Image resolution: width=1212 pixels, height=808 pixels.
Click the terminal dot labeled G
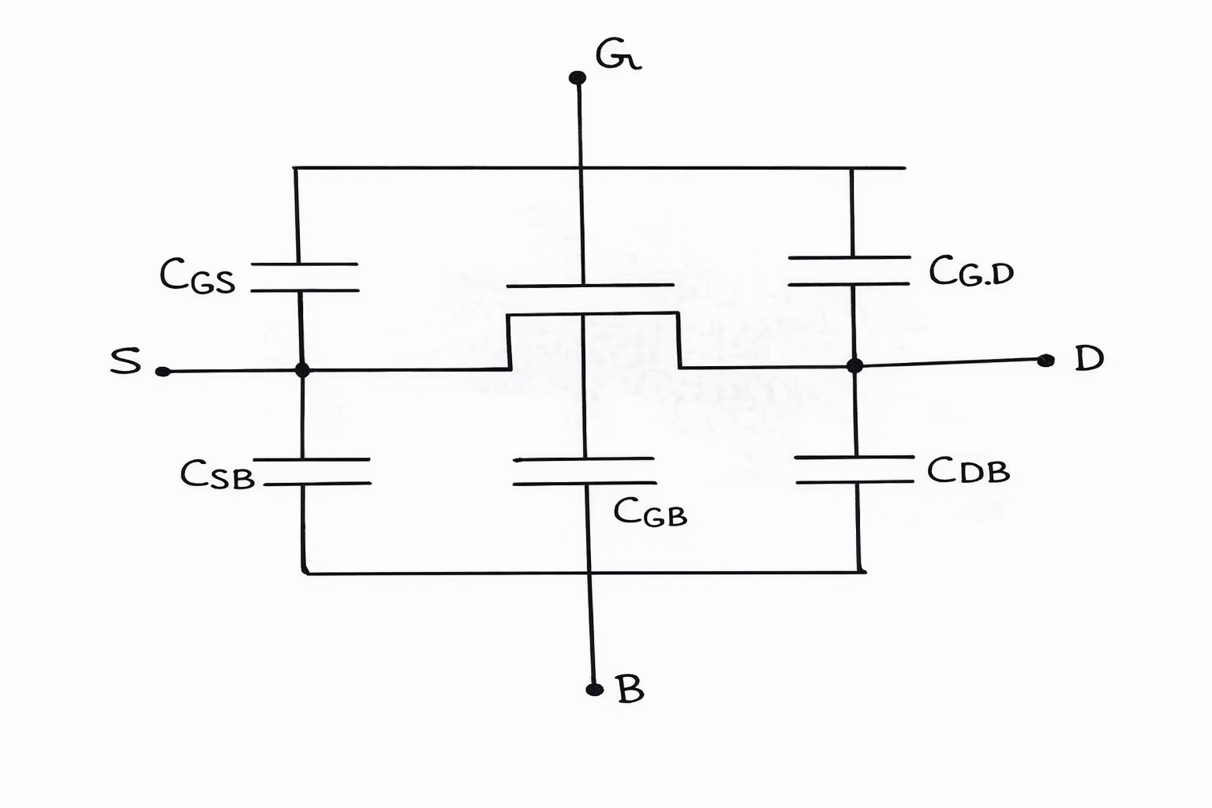(x=578, y=78)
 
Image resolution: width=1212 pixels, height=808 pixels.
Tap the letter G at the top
(x=618, y=54)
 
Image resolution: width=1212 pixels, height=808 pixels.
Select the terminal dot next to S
(x=163, y=372)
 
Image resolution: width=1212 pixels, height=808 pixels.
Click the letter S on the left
(x=125, y=361)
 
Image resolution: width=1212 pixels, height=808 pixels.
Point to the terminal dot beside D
(x=1046, y=361)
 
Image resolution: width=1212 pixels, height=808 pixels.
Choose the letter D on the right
(x=1089, y=358)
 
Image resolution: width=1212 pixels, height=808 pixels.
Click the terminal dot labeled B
(x=595, y=690)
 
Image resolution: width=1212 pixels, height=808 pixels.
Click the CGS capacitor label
(x=197, y=275)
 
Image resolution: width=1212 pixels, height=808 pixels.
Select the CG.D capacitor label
(x=971, y=271)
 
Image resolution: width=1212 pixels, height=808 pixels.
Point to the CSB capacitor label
(x=218, y=475)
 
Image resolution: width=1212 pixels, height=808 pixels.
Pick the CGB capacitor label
(x=650, y=511)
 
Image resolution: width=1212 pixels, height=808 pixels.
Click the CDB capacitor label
(x=968, y=469)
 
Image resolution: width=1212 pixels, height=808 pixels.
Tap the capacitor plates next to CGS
(x=305, y=277)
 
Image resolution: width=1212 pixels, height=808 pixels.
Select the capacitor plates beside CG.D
(x=850, y=271)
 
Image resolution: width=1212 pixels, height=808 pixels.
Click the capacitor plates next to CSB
(x=312, y=471)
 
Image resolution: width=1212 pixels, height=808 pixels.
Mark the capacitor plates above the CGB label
(x=585, y=471)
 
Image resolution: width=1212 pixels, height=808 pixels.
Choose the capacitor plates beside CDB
(x=855, y=469)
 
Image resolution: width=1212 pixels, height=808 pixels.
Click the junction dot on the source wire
(x=302, y=371)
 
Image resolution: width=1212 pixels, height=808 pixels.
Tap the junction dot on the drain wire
(x=855, y=366)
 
